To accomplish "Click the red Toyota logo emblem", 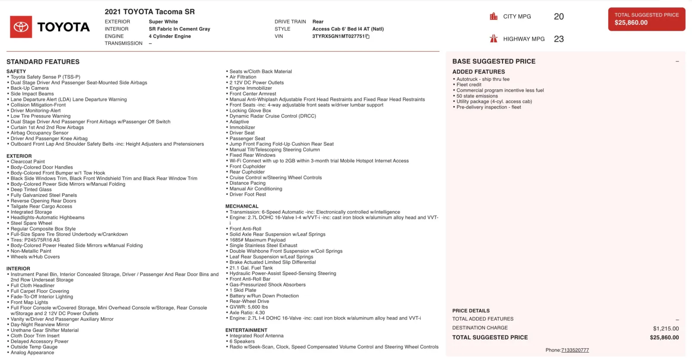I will pos(21,27).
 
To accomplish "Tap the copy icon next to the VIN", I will pos(368,36).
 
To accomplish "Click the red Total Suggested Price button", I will pos(647,19).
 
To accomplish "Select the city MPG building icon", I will pos(493,16).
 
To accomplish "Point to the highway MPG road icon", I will pos(493,39).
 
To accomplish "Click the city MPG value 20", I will pos(559,16).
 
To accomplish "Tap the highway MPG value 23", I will pos(559,39).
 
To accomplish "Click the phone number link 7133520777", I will pos(575,350).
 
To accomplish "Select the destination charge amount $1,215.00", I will pos(666,328).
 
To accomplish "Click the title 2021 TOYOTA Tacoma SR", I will pos(150,12).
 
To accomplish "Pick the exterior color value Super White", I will pos(163,22).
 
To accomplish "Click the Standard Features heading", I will pos(43,62).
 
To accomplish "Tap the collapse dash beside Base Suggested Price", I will pos(677,61).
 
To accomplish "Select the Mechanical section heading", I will pos(242,206).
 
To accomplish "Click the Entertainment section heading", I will pos(246,330).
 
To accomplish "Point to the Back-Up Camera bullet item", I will pos(29,88).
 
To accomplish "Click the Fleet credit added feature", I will pos(469,85).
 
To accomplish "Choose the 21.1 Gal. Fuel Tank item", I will pos(251,268).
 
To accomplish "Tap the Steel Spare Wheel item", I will pos(31,223).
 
